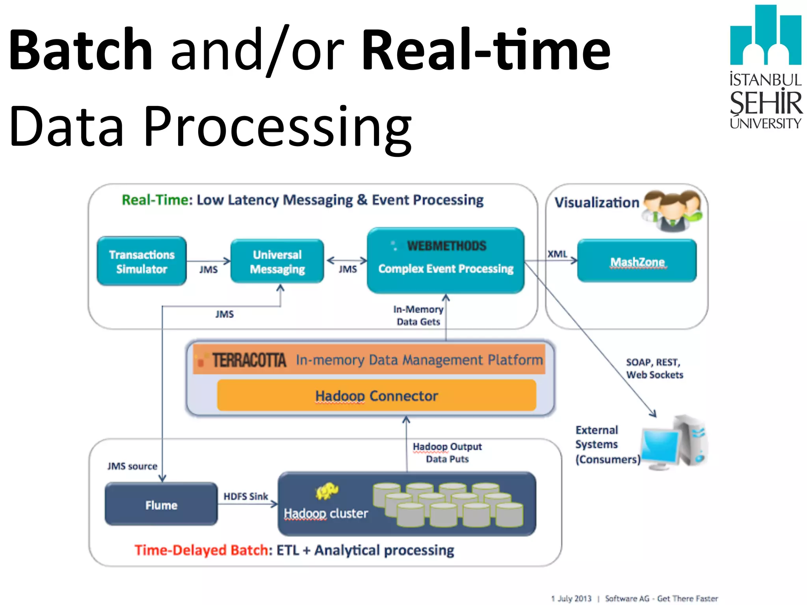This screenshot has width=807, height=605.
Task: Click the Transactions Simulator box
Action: (x=141, y=261)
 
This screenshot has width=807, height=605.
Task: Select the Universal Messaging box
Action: (x=277, y=261)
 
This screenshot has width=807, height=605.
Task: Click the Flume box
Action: (x=161, y=505)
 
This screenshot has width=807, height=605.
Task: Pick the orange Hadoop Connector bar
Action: (x=376, y=395)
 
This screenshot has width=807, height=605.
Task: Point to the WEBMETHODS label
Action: (x=446, y=246)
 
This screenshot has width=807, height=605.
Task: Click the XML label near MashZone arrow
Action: (x=557, y=254)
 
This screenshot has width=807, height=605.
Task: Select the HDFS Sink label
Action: (x=245, y=496)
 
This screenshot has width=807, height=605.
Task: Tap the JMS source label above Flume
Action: (x=132, y=466)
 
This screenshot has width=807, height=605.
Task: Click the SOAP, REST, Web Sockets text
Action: (x=654, y=368)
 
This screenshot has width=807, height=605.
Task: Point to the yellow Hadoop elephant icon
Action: (x=327, y=491)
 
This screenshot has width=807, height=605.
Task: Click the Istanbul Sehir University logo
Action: (x=765, y=67)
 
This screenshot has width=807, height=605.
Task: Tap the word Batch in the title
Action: (x=81, y=50)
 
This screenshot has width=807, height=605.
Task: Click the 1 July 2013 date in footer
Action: (x=571, y=598)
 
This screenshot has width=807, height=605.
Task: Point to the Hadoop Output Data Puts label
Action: (x=447, y=453)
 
